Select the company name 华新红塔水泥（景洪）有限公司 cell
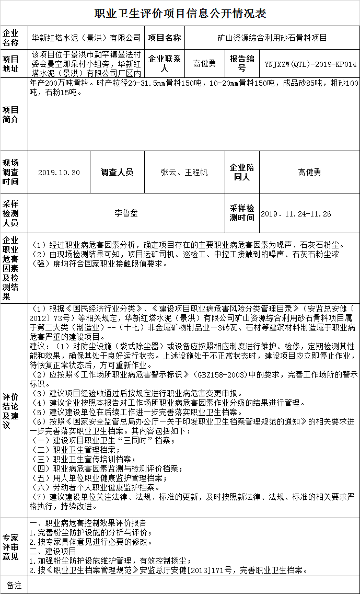86,38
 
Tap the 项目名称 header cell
165,38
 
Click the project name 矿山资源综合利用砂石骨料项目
272,38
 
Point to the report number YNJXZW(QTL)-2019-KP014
310,64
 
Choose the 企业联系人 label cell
165,64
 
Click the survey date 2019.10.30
59,173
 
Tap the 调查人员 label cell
117,173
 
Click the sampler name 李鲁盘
126,213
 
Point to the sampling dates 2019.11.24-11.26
296,214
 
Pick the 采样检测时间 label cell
242,213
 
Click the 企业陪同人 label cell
242,173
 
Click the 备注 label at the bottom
14,585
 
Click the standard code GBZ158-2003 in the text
220,375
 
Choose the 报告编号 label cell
242,64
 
